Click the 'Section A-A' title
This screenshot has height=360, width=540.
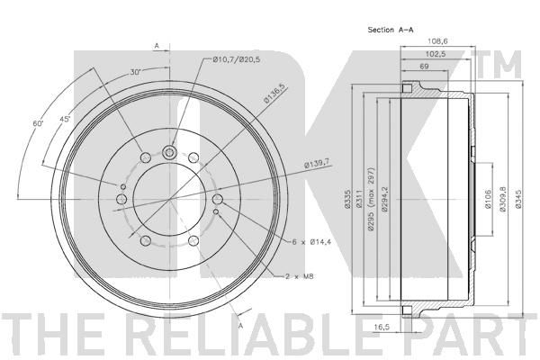[391, 30]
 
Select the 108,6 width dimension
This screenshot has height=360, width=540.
[437, 41]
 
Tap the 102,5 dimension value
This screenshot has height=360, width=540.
[436, 54]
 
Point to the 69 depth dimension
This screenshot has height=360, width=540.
[424, 66]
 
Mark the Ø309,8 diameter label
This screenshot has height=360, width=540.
[502, 199]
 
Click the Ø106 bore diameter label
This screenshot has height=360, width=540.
[488, 199]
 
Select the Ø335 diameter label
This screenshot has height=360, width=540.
[347, 199]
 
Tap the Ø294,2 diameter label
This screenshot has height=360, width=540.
[384, 199]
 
